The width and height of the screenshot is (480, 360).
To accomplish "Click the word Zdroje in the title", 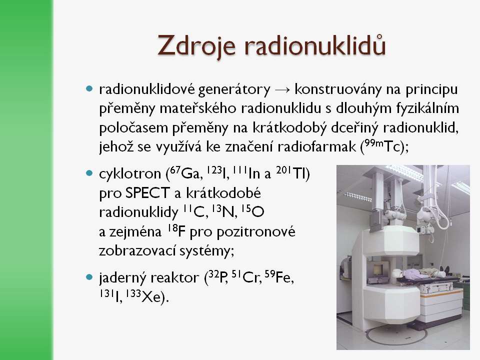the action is click(x=196, y=46).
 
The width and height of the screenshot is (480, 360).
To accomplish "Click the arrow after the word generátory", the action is click(x=282, y=90).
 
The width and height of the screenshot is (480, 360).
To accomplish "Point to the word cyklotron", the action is click(x=130, y=173).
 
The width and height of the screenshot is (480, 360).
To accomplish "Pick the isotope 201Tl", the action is click(x=291, y=173).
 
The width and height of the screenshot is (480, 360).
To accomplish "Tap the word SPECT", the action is click(x=147, y=193).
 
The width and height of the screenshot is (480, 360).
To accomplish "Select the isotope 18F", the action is click(x=176, y=231).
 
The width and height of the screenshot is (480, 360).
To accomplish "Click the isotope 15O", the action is click(x=252, y=211).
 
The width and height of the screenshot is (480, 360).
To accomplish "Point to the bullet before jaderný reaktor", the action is click(x=89, y=277).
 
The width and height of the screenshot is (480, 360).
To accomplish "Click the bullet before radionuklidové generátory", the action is click(x=89, y=89).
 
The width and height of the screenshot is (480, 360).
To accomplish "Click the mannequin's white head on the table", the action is click(x=397, y=273).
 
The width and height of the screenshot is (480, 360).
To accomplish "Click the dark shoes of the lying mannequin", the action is click(x=445, y=270).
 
